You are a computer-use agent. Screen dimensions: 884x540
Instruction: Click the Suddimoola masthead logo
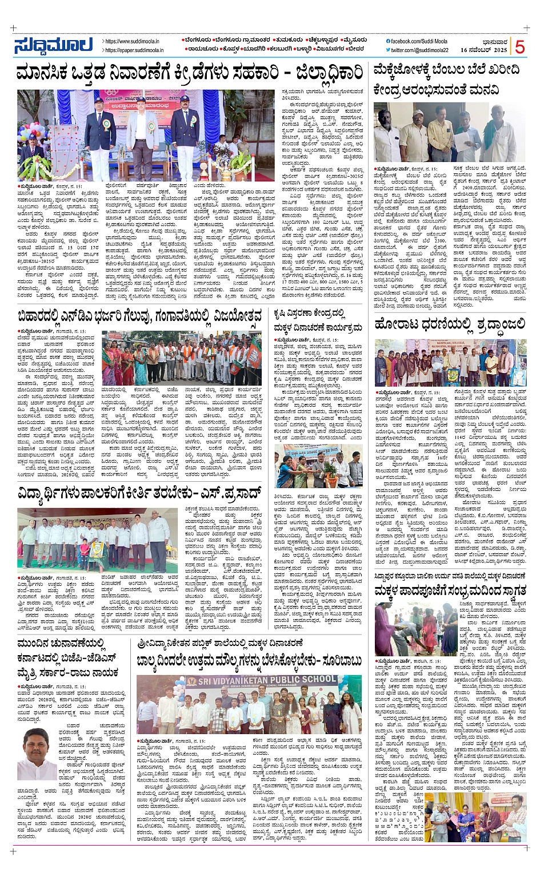point(54,45)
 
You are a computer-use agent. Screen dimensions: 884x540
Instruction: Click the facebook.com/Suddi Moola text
point(419,41)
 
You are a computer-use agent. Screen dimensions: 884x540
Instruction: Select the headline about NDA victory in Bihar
point(139,315)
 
